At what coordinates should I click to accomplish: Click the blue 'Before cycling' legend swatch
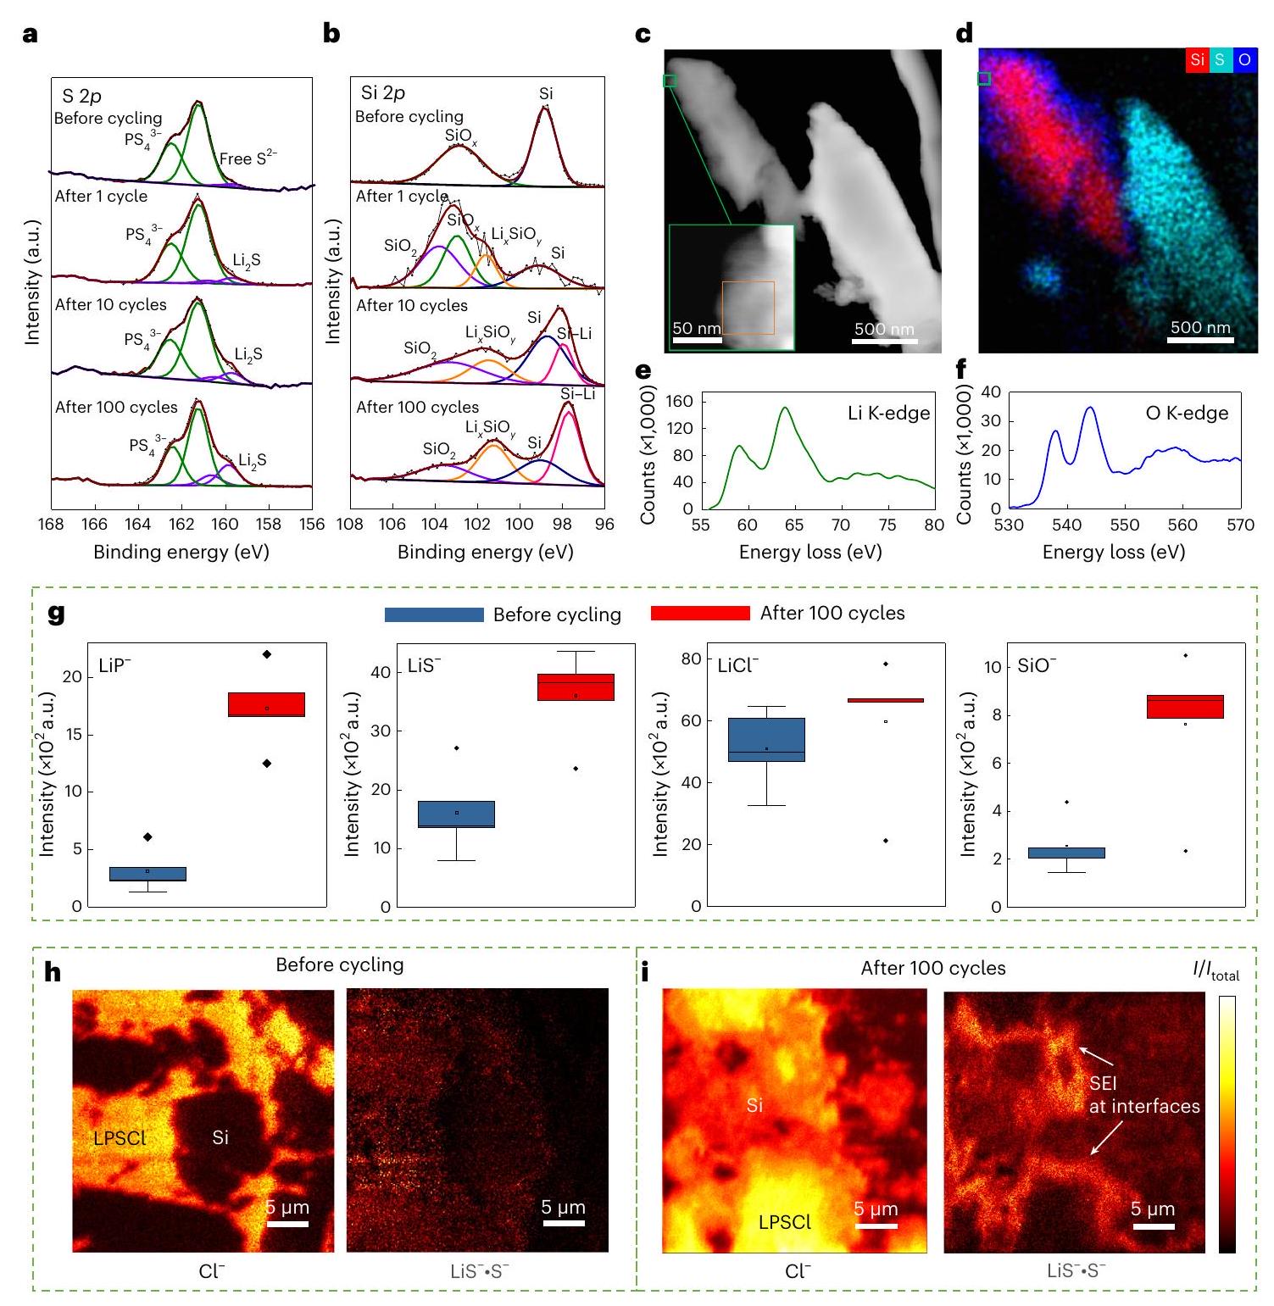(434, 614)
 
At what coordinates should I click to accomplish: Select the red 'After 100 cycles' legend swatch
(700, 613)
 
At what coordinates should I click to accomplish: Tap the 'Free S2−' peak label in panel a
(248, 158)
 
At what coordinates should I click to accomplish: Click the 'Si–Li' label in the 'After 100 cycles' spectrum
(578, 394)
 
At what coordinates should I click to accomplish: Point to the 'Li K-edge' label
(888, 414)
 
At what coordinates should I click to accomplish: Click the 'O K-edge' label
(1187, 414)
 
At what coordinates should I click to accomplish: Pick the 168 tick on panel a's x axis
(51, 525)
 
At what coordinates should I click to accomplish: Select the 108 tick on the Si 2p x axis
(350, 525)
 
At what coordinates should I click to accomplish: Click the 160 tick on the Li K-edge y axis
(680, 401)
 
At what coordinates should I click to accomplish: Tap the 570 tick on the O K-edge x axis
(1240, 525)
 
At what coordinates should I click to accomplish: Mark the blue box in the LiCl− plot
(766, 739)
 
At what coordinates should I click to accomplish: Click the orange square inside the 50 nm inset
(748, 308)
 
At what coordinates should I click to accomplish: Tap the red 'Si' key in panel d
(1197, 59)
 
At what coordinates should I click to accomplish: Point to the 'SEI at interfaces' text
(1143, 1095)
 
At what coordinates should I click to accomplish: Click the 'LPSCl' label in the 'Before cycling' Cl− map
(120, 1137)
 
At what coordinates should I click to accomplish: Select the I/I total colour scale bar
(1227, 1124)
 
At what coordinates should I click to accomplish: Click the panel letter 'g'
(57, 613)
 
